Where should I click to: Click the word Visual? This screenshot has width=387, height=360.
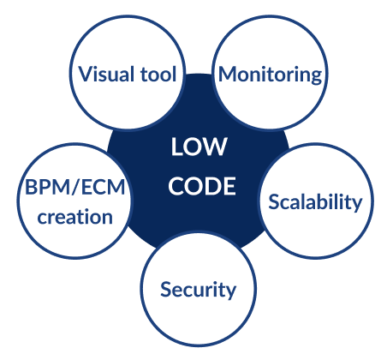pos(106,74)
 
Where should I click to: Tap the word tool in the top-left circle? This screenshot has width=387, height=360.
pos(158,74)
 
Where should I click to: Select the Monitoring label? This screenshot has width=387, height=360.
pos(270,75)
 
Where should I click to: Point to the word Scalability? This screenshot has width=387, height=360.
pos(315,202)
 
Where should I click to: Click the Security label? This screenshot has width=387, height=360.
pos(199,290)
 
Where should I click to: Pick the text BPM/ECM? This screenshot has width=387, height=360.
pos(75,188)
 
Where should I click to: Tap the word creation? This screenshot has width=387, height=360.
pos(75,217)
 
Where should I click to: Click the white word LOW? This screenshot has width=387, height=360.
pos(199,147)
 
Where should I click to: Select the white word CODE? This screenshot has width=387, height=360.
pos(202,186)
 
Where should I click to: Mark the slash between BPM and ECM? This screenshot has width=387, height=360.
pos(76,188)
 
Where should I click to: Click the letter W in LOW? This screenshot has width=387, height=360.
pos(214,147)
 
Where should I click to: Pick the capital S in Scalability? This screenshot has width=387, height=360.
pos(273,202)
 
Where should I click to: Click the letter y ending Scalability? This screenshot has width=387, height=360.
pos(356,205)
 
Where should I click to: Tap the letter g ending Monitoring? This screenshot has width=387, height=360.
pos(316,77)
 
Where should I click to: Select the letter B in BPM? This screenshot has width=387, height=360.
pos(30,188)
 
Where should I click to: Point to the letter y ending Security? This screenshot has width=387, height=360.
pos(231,292)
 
